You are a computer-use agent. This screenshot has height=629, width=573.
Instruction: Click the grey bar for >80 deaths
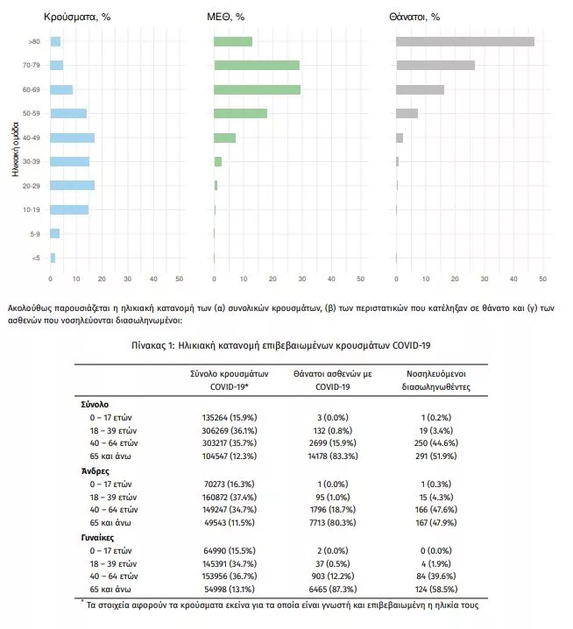(x=464, y=41)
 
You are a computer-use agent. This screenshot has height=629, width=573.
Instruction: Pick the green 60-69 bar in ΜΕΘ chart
(x=257, y=89)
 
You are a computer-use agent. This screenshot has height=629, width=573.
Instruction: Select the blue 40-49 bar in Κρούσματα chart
(x=72, y=138)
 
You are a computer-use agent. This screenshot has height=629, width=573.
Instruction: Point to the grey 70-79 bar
(x=435, y=65)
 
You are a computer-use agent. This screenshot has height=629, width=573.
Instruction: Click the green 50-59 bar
(x=240, y=113)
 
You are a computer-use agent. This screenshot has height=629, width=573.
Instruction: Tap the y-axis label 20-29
(x=32, y=186)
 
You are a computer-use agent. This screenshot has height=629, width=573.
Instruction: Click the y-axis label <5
(x=35, y=258)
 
